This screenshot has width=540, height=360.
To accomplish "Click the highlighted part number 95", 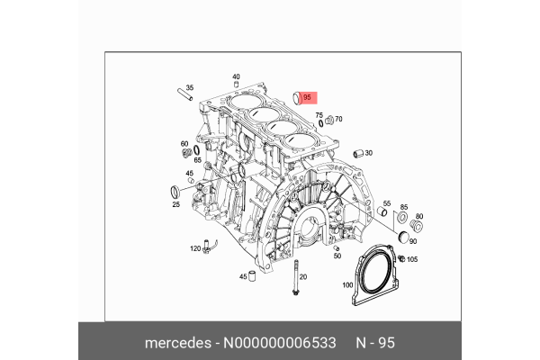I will point(307,97).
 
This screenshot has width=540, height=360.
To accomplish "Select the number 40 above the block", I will point(236,76).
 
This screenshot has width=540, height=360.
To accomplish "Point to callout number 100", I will point(347,285).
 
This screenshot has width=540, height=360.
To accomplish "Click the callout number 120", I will point(194,247).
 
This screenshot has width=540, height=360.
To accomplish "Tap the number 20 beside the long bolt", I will point(302,276).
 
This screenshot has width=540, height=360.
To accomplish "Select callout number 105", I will point(412,259).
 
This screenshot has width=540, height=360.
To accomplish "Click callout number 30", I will point(368,153).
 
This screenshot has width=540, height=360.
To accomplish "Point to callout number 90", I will point(413,241).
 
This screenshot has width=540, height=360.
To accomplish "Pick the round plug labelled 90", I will point(402,236).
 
